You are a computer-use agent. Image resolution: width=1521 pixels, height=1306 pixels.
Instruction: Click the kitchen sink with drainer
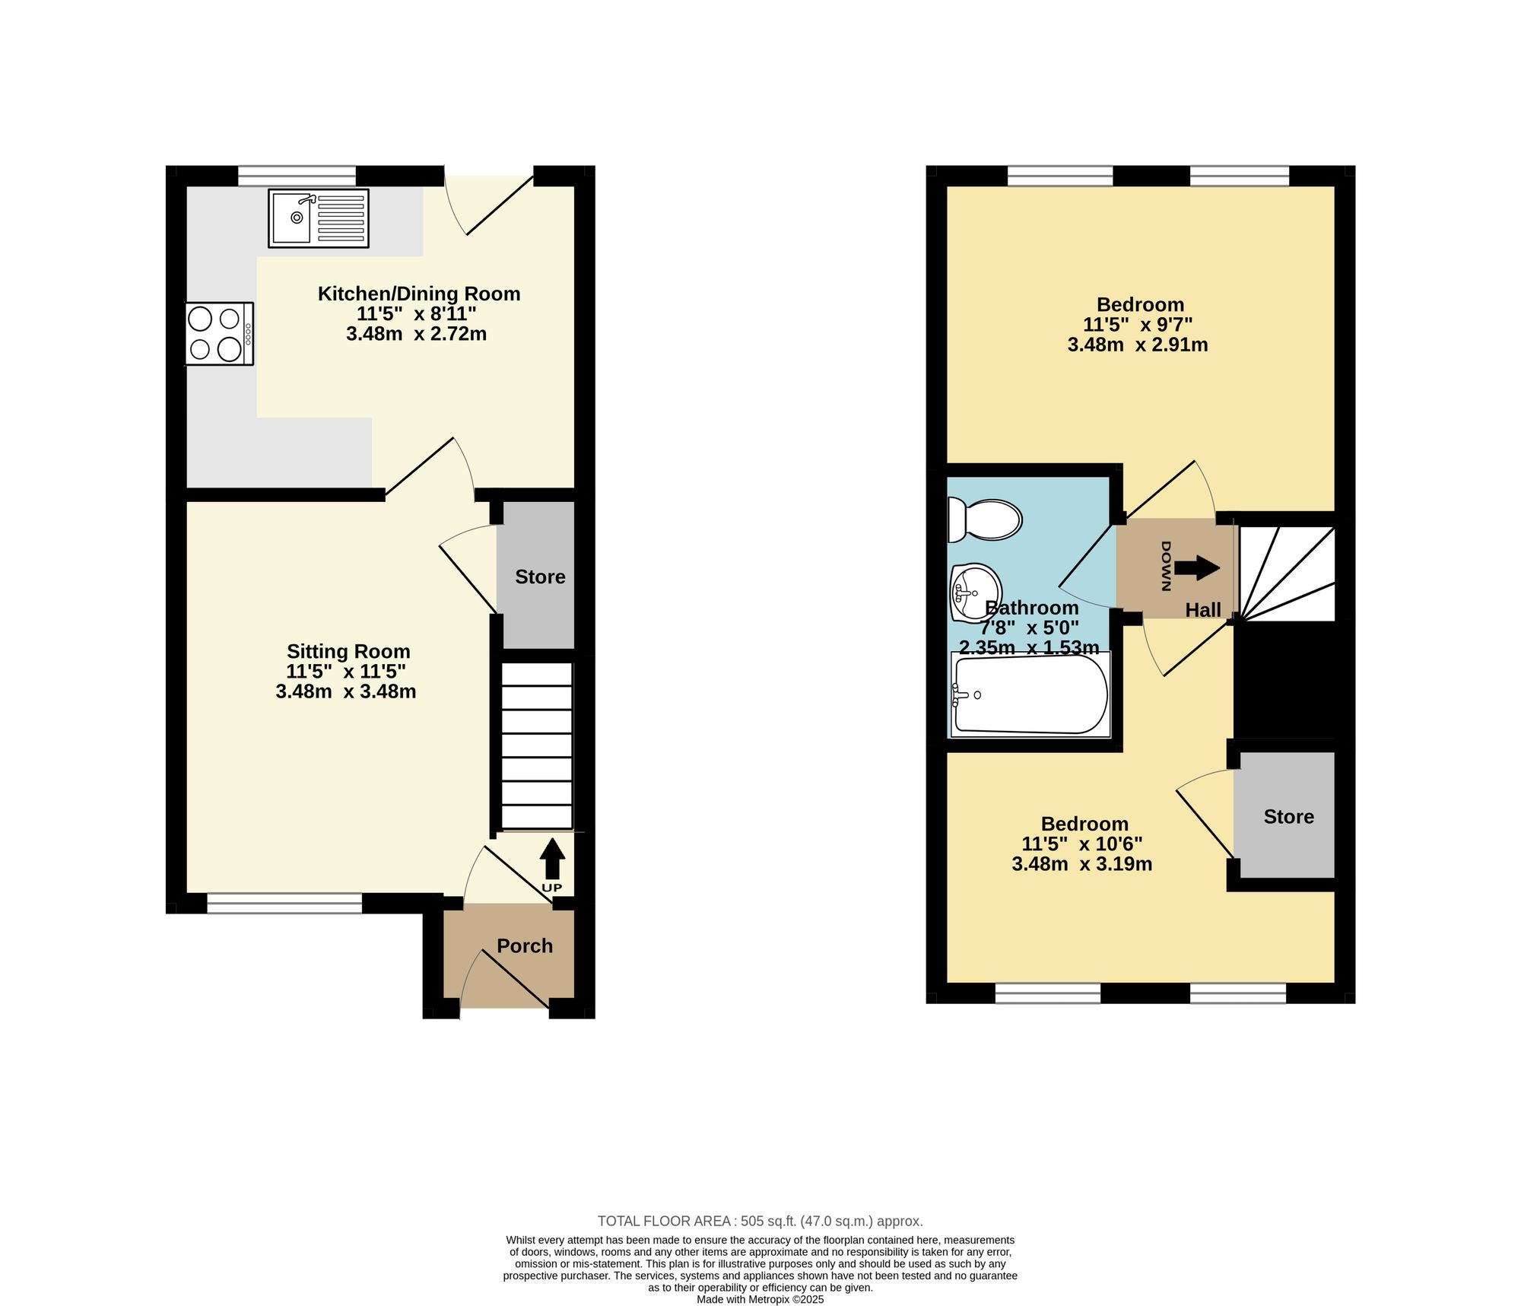click(x=319, y=218)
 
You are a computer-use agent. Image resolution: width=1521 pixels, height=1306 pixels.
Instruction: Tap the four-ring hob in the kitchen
click(x=219, y=334)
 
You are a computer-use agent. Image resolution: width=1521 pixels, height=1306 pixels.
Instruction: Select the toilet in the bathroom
click(x=985, y=520)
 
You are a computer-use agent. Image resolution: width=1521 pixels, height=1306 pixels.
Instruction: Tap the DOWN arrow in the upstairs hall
click(x=1197, y=567)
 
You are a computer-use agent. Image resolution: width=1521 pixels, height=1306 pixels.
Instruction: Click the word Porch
click(x=525, y=945)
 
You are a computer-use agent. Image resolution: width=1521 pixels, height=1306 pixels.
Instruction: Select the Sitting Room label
click(x=348, y=651)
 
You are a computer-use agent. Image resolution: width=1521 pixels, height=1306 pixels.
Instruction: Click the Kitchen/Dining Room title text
click(x=419, y=294)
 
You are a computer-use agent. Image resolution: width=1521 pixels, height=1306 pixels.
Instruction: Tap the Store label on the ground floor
click(x=540, y=577)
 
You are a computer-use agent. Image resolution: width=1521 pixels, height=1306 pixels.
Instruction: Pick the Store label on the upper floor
click(x=1288, y=816)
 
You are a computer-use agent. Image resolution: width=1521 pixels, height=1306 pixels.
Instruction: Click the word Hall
click(x=1203, y=609)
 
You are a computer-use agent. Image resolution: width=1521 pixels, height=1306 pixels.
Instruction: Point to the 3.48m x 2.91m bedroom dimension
click(x=1138, y=345)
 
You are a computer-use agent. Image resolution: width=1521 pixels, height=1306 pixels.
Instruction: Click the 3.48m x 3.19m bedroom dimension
click(x=1081, y=864)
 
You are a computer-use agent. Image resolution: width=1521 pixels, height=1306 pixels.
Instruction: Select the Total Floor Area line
click(x=760, y=1221)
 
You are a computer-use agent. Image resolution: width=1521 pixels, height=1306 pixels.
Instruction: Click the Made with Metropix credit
click(x=760, y=1299)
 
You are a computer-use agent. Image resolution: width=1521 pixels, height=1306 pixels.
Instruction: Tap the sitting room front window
click(x=284, y=904)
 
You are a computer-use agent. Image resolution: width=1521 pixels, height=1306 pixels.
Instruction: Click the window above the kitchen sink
click(x=297, y=176)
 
